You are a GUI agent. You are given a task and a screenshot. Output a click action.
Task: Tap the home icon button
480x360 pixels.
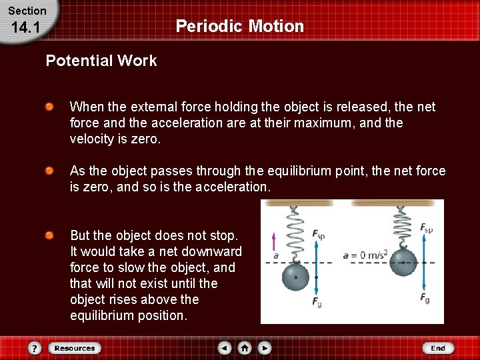pyautogui.click(x=245, y=348)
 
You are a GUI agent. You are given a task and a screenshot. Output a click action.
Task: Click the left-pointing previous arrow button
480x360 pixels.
pyautogui.click(x=225, y=348)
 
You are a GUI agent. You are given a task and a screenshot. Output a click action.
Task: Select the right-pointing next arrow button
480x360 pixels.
pyautogui.click(x=265, y=348)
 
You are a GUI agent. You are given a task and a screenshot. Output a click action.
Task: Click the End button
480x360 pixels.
pyautogui.click(x=438, y=348)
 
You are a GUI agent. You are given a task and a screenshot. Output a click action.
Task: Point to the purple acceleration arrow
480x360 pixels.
pyautogui.click(x=273, y=241)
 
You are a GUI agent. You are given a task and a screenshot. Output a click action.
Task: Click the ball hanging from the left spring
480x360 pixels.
pyautogui.click(x=296, y=277)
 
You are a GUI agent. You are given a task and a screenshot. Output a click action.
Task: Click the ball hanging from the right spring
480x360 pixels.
pyautogui.click(x=403, y=262)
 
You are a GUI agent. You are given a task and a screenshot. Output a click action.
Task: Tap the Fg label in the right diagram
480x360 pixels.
pyautogui.click(x=425, y=299)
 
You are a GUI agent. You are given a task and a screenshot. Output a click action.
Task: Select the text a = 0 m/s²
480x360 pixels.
pyautogui.click(x=364, y=255)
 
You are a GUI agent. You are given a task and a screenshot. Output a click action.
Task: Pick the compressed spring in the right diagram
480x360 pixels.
pyautogui.click(x=401, y=227)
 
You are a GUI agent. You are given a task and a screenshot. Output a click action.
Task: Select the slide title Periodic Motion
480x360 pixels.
pyautogui.click(x=239, y=27)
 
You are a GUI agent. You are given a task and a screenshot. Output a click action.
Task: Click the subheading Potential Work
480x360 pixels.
pyautogui.click(x=101, y=61)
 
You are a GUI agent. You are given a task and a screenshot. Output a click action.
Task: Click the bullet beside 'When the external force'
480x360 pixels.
pyautogui.click(x=50, y=107)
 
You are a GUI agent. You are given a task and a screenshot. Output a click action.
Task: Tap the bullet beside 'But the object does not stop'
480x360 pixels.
pyautogui.click(x=50, y=236)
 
